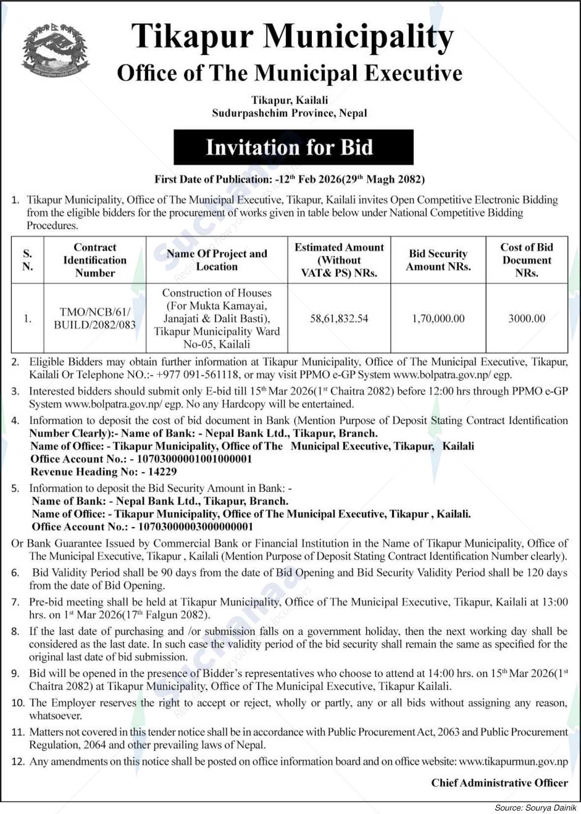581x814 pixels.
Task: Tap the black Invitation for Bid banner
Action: click(293, 147)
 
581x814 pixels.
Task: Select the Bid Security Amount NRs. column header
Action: click(438, 260)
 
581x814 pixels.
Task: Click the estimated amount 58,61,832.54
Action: click(339, 319)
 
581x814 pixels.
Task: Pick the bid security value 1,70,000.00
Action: click(438, 319)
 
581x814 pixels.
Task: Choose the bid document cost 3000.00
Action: click(526, 319)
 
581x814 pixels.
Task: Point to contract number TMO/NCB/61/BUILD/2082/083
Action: click(95, 319)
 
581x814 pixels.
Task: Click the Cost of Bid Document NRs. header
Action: click(526, 260)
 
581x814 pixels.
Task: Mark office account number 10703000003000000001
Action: click(196, 527)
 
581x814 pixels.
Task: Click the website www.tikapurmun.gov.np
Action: click(513, 761)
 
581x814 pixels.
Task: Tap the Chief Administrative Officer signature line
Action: click(499, 783)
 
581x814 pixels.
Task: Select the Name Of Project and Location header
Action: click(216, 260)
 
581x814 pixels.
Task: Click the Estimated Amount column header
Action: click(339, 260)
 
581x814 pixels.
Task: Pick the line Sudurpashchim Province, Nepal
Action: click(289, 113)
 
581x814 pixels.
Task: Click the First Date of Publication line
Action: click(289, 179)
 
